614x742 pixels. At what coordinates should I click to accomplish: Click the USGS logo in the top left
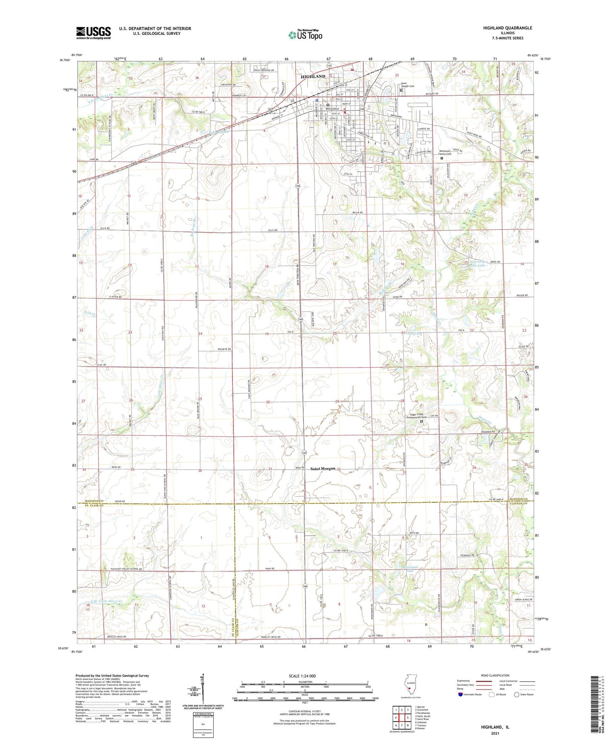(x=93, y=33)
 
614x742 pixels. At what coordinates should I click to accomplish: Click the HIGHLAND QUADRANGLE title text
(x=507, y=28)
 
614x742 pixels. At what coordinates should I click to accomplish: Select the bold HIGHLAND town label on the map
(x=313, y=76)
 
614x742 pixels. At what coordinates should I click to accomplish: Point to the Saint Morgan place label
(x=323, y=469)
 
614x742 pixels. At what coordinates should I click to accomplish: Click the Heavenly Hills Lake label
(x=477, y=263)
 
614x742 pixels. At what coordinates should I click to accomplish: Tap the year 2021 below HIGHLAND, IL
(x=495, y=733)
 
